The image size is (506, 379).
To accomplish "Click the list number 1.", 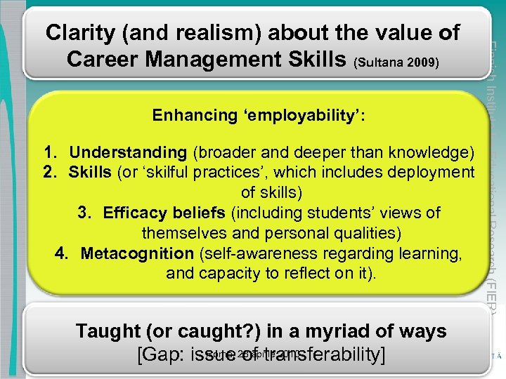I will [x=49, y=152].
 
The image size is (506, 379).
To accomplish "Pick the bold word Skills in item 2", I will [x=90, y=172].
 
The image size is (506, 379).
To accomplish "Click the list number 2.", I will [x=49, y=172].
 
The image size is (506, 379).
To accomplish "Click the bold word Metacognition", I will [x=136, y=253].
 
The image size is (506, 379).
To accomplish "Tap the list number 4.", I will [x=61, y=253].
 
